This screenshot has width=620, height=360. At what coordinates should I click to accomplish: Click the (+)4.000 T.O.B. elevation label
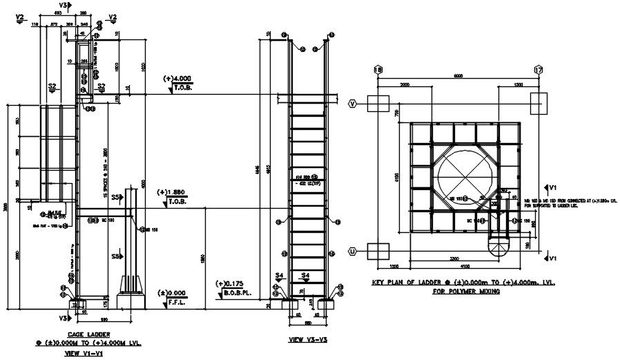tap(178, 83)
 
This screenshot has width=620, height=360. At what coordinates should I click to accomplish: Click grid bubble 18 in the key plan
tap(378, 70)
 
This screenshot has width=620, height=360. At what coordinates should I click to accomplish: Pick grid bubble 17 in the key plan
tap(539, 70)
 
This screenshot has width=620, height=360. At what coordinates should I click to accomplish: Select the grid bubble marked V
tap(353, 104)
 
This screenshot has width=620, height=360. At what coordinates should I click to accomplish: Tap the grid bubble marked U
tap(353, 250)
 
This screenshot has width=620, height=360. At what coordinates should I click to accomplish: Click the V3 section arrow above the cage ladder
tap(64, 6)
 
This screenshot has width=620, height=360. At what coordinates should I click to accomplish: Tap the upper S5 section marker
tap(117, 198)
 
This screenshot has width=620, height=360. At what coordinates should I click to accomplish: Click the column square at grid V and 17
tap(539, 104)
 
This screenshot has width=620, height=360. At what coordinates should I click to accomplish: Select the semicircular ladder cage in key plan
tap(498, 247)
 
